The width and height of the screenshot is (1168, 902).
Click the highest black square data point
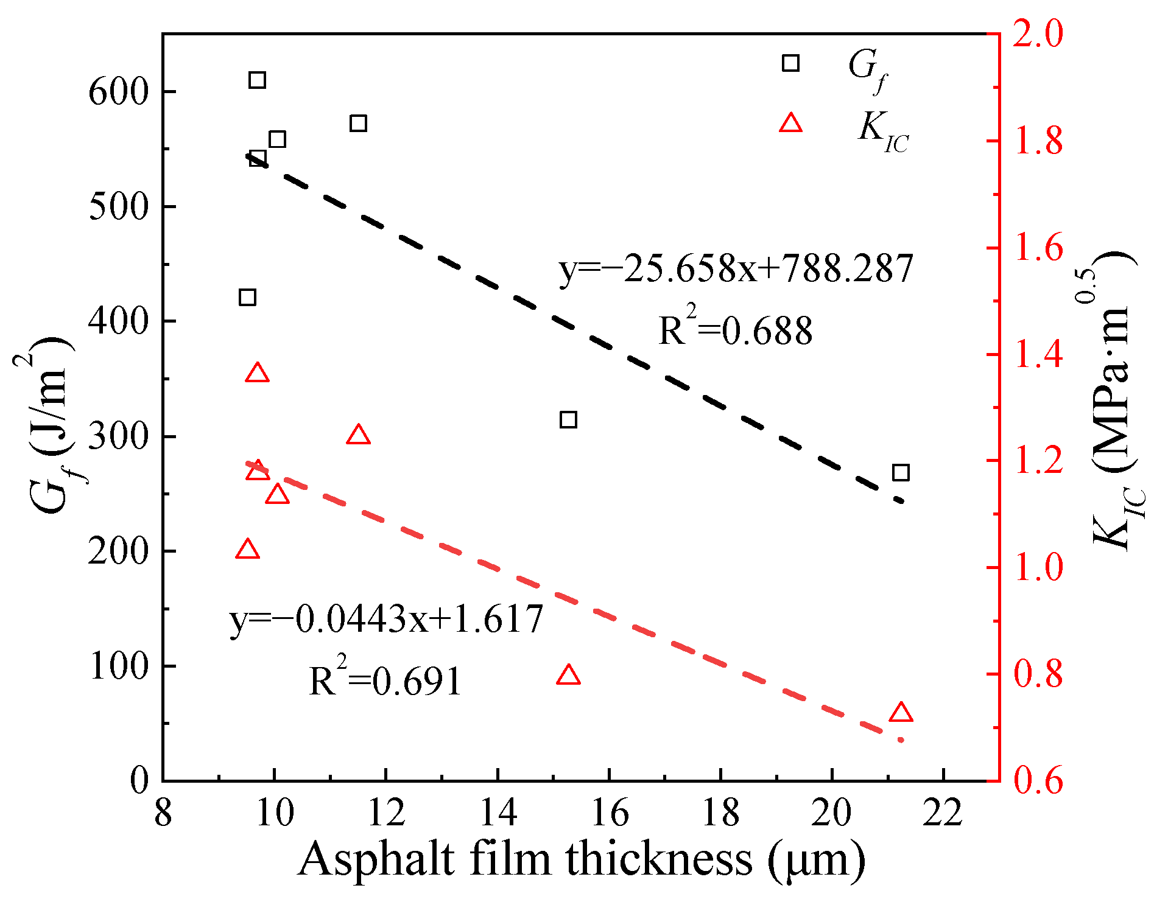click(x=257, y=80)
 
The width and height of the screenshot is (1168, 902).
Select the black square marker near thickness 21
click(x=901, y=472)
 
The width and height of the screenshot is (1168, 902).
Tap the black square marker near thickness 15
click(x=568, y=419)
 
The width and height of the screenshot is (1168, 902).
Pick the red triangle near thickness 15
click(x=568, y=676)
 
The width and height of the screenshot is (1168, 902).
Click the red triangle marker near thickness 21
click(x=901, y=713)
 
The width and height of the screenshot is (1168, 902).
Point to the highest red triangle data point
click(x=257, y=373)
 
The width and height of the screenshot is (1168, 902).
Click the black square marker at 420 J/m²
click(x=247, y=297)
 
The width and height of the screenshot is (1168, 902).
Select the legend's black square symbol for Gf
click(x=790, y=63)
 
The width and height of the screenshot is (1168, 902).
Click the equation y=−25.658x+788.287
click(x=736, y=268)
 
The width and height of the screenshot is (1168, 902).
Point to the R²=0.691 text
click(x=385, y=680)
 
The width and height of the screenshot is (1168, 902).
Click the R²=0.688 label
click(x=736, y=330)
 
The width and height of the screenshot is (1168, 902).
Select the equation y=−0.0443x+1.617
click(x=386, y=619)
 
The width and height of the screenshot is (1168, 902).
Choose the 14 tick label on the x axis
click(x=498, y=813)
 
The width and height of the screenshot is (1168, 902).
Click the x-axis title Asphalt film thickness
click(x=582, y=859)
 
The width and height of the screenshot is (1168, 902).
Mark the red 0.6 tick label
click(x=1038, y=781)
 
